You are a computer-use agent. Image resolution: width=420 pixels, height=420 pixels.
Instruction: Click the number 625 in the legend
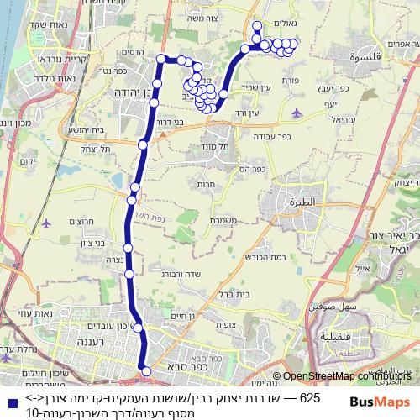point(310,397)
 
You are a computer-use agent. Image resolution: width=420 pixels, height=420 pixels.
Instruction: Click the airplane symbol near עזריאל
point(295,111)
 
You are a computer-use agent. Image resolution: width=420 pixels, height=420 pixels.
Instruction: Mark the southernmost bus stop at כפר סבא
point(145,370)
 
